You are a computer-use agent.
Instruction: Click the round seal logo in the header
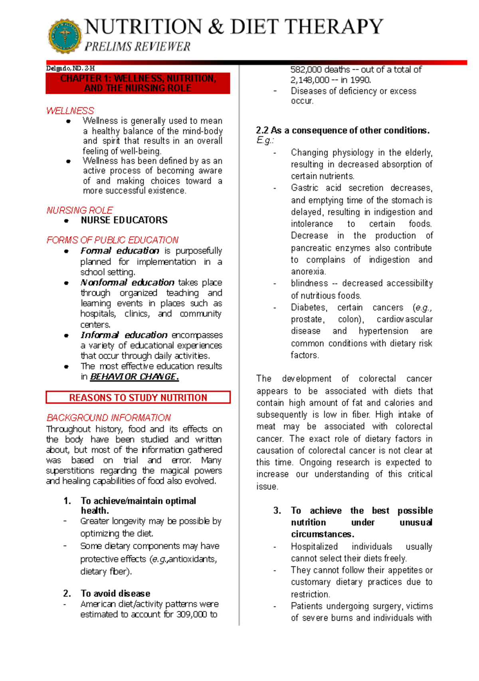65,36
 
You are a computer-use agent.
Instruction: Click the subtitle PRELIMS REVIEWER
138,47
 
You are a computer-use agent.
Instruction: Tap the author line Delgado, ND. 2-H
70,68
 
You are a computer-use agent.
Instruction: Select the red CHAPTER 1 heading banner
138,83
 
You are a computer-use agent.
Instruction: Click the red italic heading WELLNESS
70,111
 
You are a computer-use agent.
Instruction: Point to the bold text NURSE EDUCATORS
124,220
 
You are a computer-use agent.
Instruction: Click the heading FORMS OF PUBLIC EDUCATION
113,240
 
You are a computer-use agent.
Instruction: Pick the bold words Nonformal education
127,283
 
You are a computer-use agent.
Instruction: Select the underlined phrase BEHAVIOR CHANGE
134,377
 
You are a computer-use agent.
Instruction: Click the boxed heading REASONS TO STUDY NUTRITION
138,398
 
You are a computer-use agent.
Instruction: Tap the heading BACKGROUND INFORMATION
109,418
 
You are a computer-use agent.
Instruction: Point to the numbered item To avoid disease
115,594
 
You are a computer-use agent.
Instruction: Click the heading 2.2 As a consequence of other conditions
342,131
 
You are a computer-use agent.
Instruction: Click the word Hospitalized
314,546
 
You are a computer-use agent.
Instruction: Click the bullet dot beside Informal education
66,336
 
